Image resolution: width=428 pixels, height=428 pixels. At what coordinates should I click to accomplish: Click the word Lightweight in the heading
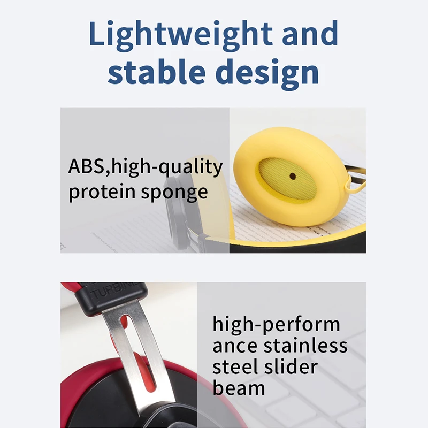[181, 35]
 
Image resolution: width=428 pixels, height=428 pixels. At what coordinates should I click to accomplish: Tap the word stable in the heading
[156, 71]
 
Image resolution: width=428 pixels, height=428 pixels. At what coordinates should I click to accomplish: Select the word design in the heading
[267, 74]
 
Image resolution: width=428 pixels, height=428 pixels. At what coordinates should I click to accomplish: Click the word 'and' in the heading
[310, 33]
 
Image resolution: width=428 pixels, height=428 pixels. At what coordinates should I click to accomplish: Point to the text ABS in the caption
[86, 166]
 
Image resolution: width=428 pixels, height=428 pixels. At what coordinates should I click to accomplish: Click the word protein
[102, 192]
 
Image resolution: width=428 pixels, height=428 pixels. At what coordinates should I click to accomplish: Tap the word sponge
[174, 193]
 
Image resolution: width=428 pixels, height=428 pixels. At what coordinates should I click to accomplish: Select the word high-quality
[167, 167]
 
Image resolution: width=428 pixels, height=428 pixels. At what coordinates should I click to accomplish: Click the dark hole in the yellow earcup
[293, 176]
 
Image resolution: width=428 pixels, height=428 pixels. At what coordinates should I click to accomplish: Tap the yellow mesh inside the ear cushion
[287, 180]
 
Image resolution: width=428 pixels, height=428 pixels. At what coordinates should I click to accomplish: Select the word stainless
[305, 346]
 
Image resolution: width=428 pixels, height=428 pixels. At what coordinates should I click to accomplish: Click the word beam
[239, 388]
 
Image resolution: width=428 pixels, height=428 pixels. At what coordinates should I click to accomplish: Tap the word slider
[291, 366]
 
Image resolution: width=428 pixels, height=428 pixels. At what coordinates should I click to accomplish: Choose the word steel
[235, 366]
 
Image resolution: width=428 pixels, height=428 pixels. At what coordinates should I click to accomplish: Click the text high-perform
[276, 325]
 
